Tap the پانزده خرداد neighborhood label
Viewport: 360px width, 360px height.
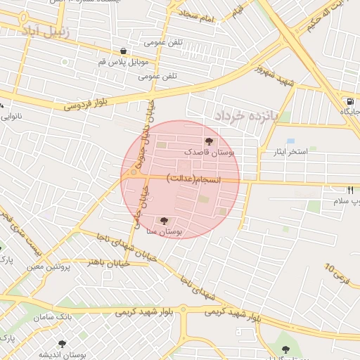click(x=247, y=114)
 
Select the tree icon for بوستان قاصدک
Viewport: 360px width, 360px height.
click(x=208, y=142)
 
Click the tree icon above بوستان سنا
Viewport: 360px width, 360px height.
click(x=165, y=221)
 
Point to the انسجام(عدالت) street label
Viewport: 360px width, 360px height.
click(x=193, y=180)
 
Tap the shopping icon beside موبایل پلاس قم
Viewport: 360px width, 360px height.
click(x=124, y=51)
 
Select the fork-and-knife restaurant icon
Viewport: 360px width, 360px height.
click(x=350, y=190)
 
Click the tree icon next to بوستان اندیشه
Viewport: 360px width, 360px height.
click(x=63, y=345)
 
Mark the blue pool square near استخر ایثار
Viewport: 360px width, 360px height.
click(x=290, y=141)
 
